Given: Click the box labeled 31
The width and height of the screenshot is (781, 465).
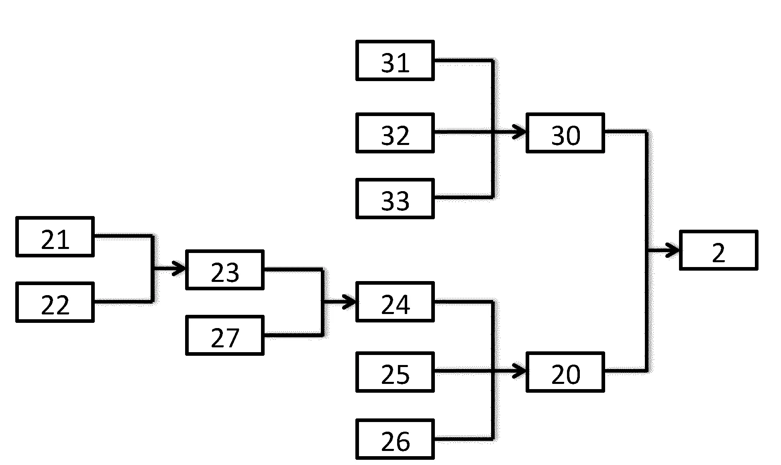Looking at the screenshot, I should (395, 61).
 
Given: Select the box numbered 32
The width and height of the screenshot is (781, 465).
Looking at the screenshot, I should (395, 133).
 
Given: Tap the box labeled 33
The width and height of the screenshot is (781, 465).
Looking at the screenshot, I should (395, 199).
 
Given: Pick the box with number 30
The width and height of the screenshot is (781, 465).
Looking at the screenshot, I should (565, 133).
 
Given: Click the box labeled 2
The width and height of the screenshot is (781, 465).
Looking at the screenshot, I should (718, 250).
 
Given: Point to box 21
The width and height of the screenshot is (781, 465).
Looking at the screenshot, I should (55, 237).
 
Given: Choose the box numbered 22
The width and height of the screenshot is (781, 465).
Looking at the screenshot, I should (55, 302).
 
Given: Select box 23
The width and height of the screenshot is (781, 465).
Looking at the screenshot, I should (225, 270).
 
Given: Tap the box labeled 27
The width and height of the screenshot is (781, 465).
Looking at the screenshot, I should (225, 335).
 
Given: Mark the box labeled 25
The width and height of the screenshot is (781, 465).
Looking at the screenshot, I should (395, 372).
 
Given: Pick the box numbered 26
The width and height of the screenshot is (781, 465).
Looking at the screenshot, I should (395, 439).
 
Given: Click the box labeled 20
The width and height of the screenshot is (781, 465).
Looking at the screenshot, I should (565, 372).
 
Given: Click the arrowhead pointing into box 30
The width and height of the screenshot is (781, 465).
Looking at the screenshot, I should (521, 131).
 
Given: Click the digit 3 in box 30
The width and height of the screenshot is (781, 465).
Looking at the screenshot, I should (559, 136).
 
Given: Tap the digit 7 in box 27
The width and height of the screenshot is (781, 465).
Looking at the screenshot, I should (232, 338).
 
